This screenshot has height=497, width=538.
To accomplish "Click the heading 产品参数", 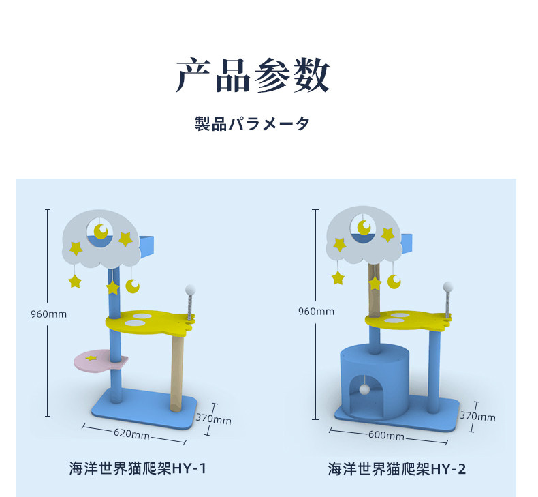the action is [253, 76].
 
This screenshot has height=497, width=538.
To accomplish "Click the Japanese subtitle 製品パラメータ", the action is [253, 124].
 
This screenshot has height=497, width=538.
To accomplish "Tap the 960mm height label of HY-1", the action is [49, 314].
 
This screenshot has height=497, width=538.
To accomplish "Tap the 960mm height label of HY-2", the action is [316, 312].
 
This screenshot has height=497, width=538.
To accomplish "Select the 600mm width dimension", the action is [386, 435].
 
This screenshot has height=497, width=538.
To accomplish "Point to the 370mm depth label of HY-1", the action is [213, 419].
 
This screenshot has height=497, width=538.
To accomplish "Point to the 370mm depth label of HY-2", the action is [477, 416].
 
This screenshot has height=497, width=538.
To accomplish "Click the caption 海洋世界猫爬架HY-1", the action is [138, 469].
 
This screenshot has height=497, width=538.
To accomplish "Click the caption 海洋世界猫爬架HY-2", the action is [397, 469].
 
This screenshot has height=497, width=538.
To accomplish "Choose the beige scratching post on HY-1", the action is [178, 372].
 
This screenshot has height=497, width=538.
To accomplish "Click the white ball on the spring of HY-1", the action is [190, 290].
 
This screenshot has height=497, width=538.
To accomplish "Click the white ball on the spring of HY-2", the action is [448, 286].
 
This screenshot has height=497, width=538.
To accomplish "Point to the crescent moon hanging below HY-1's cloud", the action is [133, 286].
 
